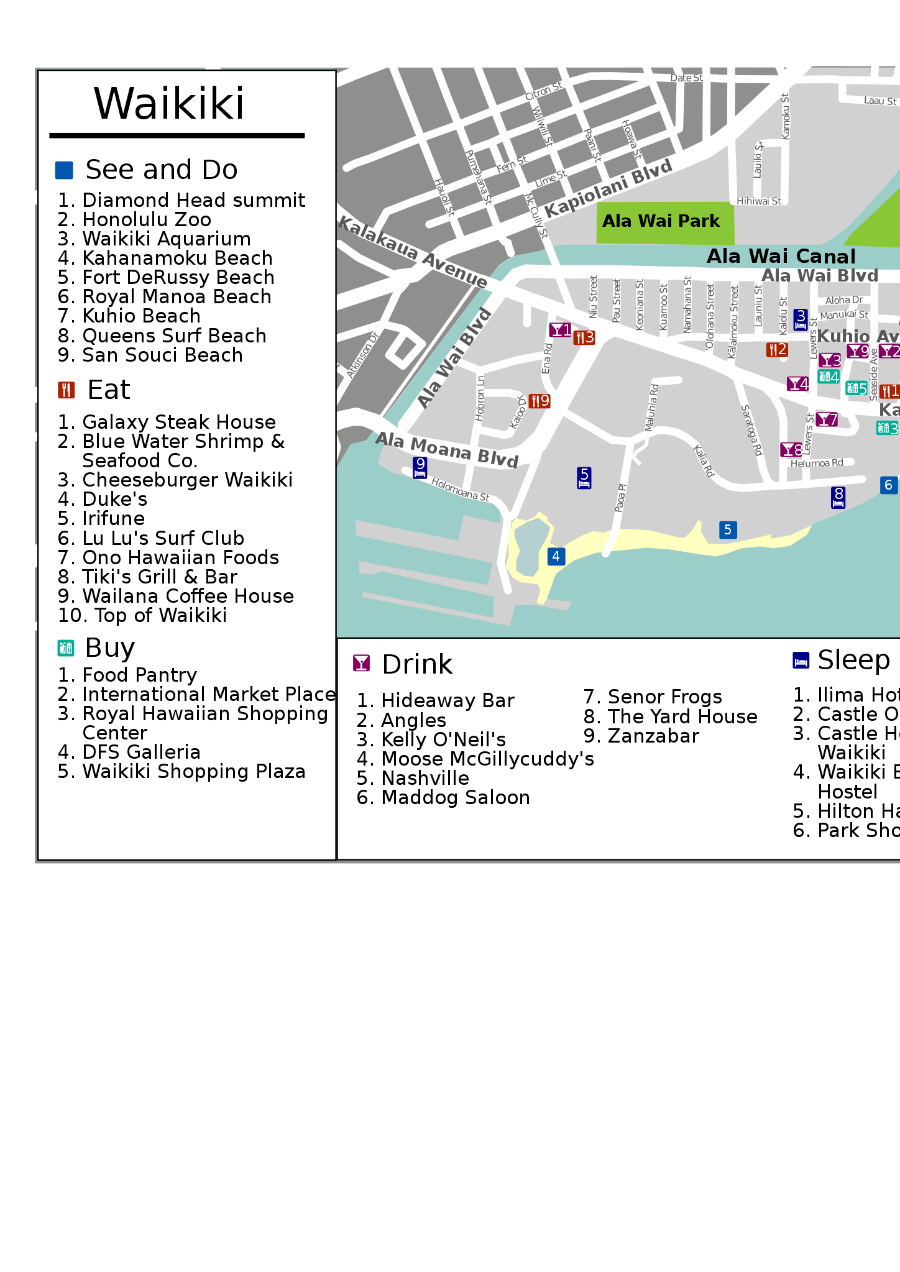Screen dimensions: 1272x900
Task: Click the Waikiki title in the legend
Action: point(169,103)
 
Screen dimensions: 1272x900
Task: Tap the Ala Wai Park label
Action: point(661,221)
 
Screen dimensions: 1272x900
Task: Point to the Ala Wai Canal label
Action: point(781,256)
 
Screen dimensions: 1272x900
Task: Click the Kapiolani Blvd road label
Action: point(608,188)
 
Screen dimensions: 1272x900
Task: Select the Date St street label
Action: point(686,78)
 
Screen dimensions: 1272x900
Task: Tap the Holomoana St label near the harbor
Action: point(460,490)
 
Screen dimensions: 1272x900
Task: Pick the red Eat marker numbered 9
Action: point(539,401)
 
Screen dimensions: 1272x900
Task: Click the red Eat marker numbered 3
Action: point(584,337)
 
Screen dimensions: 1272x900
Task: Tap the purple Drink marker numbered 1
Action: point(560,329)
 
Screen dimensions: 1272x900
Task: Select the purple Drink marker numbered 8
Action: point(791,449)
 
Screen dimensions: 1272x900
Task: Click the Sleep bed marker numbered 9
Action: point(420,467)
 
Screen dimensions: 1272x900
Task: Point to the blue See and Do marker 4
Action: point(556,556)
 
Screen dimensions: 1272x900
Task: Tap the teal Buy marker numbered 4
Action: point(829,377)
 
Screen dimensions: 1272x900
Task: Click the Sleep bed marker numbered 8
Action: point(838,497)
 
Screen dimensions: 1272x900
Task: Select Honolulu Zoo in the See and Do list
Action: point(147,219)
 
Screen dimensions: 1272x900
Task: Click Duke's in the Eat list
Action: point(115,499)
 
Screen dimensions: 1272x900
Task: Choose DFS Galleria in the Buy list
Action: point(141,752)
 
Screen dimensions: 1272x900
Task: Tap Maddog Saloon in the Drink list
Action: point(455,797)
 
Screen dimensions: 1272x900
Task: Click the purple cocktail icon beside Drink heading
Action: point(361,663)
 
